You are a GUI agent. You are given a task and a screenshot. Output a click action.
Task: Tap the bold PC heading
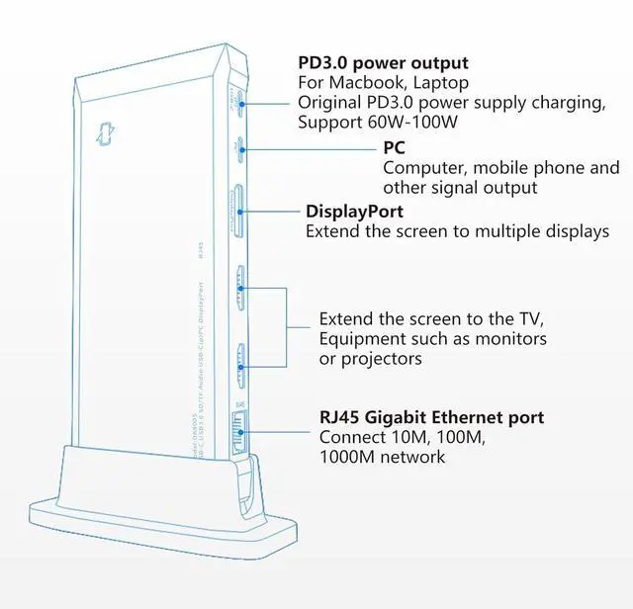[x=394, y=147]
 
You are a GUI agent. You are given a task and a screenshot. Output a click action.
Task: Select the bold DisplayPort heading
[x=354, y=212]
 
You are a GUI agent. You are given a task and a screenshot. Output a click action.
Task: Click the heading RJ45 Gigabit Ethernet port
[x=431, y=416]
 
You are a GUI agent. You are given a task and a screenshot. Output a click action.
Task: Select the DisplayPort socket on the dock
[x=238, y=209]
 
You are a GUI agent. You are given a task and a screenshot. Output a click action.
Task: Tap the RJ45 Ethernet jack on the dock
[x=237, y=428]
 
